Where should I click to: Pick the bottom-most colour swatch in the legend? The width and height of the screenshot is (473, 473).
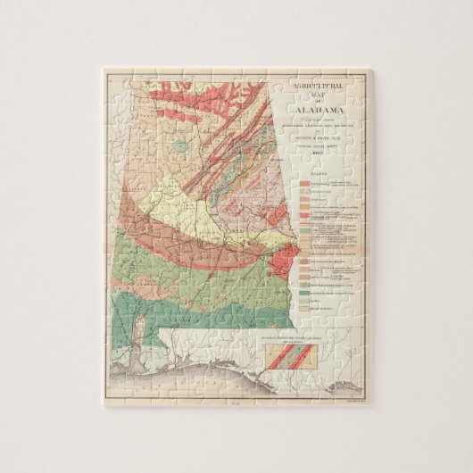304,315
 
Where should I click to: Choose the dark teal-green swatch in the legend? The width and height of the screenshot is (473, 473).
304,291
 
